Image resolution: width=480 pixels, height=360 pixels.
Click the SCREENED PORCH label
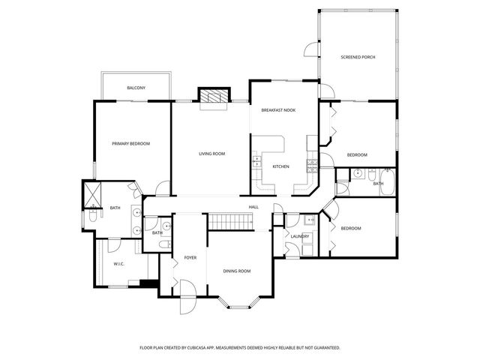tap(357, 57)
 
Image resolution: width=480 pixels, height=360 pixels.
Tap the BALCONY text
tap(136, 88)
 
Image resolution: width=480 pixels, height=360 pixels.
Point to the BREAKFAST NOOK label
tap(278, 110)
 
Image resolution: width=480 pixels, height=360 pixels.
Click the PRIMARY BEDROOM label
tap(130, 143)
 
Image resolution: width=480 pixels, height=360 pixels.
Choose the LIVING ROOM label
tap(211, 154)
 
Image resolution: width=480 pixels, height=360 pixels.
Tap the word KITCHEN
tap(280, 166)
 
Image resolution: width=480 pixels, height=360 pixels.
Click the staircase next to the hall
tap(232, 221)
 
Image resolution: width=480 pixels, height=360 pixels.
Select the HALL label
tap(254, 208)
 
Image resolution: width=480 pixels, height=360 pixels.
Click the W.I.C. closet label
tap(118, 263)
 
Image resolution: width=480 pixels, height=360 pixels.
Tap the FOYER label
tap(190, 257)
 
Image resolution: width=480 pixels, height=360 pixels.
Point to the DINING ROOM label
tap(237, 271)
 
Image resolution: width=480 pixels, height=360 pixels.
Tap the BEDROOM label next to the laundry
tap(351, 228)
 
